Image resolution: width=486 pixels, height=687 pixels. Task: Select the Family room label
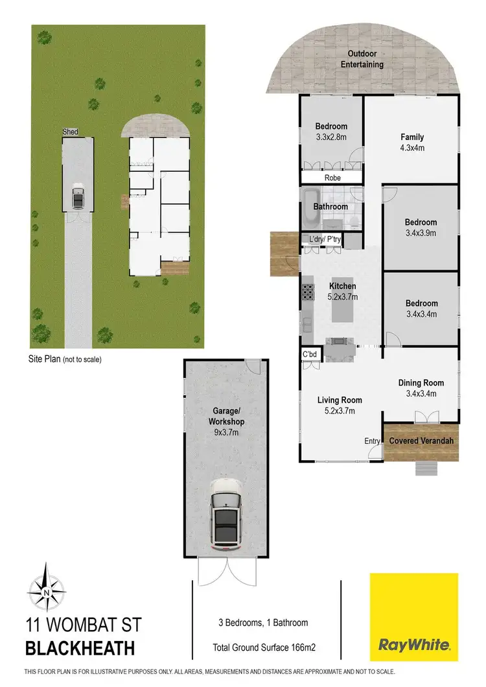412,137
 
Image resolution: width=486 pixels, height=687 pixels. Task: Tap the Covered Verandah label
421,441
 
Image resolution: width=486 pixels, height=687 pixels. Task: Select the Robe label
331,178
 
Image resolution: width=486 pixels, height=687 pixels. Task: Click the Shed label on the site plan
70,132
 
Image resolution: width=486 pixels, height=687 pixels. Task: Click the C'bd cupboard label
310,355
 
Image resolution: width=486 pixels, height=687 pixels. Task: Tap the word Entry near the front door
372,441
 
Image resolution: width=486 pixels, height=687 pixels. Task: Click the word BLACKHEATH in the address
80,647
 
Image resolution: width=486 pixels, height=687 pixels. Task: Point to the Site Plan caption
65,359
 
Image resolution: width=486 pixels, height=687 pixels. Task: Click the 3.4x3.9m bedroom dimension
421,233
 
